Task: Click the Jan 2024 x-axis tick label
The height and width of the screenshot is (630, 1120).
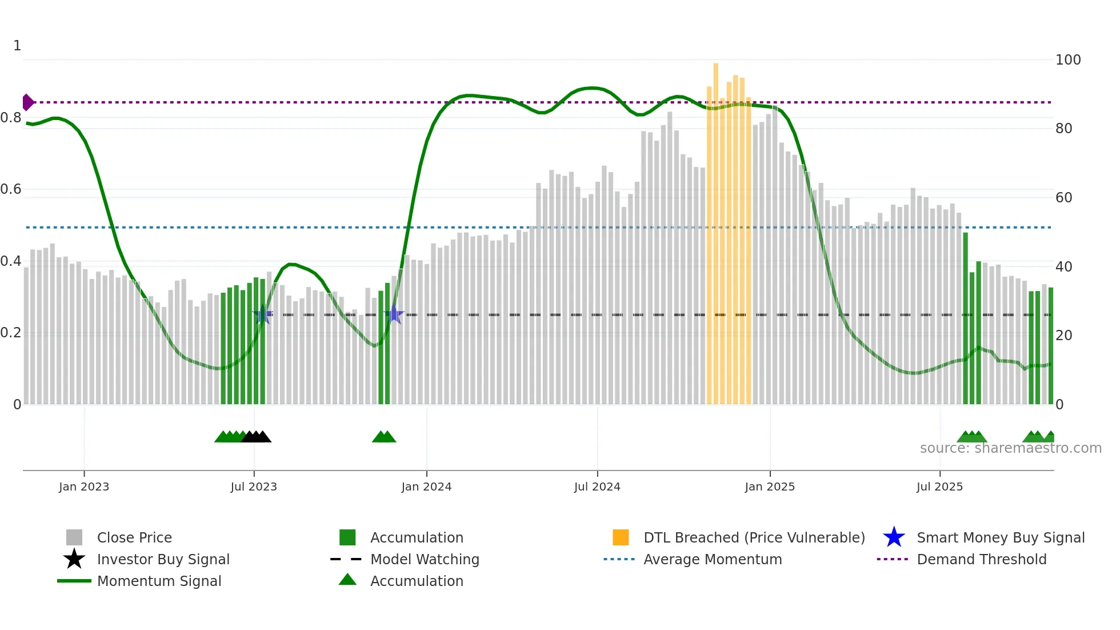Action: coord(426,487)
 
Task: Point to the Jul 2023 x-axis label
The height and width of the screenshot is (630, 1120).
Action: coord(254,487)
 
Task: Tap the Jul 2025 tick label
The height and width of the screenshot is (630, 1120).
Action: coord(939,487)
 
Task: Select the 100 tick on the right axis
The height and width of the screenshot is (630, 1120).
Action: coord(1067,60)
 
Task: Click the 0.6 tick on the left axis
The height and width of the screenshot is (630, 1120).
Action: coord(11,189)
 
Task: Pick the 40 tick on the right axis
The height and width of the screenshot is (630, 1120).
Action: coord(1063,267)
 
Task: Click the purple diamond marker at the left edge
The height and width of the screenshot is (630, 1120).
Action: coord(27,102)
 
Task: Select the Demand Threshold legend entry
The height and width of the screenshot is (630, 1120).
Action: coord(981,559)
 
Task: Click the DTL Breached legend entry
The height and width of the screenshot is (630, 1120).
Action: coord(754,537)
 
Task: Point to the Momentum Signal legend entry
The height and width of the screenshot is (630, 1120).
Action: coord(159,581)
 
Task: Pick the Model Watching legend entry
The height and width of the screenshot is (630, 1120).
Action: coord(424,559)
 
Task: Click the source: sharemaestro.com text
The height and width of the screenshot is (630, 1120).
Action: coord(1010,448)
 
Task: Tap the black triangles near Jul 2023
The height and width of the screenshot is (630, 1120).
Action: coord(256,437)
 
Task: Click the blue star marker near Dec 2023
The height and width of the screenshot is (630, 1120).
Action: coord(394,314)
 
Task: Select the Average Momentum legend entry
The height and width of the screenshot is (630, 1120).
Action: coord(712,559)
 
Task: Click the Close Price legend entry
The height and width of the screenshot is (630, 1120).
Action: coord(134,537)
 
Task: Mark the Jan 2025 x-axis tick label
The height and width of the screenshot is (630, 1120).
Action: coord(769,487)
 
